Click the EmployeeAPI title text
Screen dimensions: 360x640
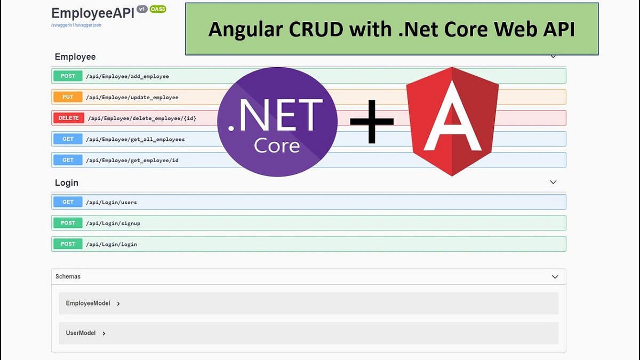[x=92, y=13]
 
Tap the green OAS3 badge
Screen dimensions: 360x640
[x=158, y=9]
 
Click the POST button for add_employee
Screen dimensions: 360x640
[x=68, y=76]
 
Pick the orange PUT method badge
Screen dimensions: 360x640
[x=68, y=97]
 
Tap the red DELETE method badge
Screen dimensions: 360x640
[x=68, y=118]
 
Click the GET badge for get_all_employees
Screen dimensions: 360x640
[x=68, y=139]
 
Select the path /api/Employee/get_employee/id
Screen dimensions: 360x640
[x=133, y=160]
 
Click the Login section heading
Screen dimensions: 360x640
[x=67, y=182]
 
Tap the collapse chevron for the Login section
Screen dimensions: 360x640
[x=553, y=182]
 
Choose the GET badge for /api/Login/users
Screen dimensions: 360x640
[x=68, y=202]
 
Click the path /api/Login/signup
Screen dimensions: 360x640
[x=114, y=223]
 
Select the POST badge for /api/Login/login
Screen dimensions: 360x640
[x=68, y=244]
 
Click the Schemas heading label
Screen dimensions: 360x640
[x=68, y=277]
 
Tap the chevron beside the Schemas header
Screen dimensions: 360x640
[x=555, y=277]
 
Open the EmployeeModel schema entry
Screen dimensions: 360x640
[x=88, y=303]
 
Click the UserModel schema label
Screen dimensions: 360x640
[x=81, y=333]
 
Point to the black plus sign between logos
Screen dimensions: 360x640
[x=372, y=122]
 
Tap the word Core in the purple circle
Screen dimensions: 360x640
[x=277, y=145]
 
